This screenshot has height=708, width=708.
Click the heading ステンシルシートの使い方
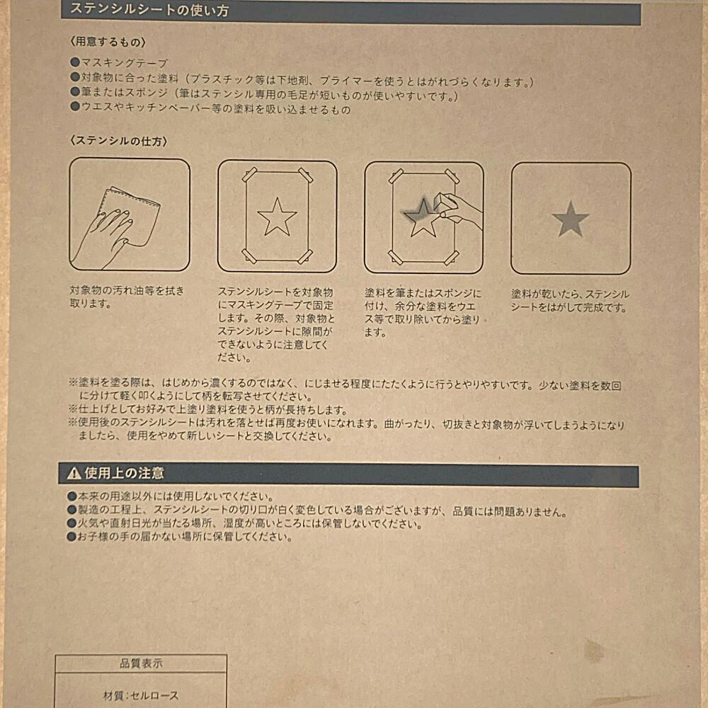tap(149, 11)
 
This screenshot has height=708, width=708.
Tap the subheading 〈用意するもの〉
tap(108, 42)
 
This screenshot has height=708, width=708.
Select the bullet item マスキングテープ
tap(119, 63)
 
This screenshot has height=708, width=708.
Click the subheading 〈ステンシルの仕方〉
tap(119, 142)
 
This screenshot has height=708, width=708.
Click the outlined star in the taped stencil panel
tap(277, 217)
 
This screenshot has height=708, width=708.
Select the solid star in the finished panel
tap(570, 219)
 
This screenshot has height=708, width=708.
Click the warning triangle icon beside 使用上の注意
tap(74, 473)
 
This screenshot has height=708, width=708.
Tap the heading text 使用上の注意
tap(124, 473)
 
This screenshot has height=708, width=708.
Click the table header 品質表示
tap(141, 663)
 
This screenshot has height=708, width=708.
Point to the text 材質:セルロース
tap(141, 695)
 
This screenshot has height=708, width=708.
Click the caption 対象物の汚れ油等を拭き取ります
tap(127, 297)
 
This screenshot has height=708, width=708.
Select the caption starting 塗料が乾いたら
tap(570, 301)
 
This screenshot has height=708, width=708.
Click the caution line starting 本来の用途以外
tap(171, 497)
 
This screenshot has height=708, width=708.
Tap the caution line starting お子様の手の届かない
tap(180, 537)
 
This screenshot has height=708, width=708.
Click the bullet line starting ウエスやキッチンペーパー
tap(210, 109)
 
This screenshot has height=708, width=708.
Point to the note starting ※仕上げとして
tap(208, 410)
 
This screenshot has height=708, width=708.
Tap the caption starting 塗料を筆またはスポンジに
tap(423, 313)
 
